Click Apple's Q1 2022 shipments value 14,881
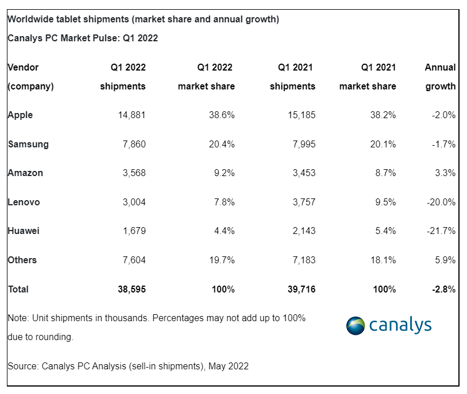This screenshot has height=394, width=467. (x=131, y=115)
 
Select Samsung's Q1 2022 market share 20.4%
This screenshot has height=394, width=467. (x=221, y=144)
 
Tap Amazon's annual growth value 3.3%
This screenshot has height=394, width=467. (x=445, y=173)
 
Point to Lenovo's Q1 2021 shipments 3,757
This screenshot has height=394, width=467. (x=304, y=202)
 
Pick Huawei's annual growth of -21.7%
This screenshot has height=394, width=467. (x=441, y=231)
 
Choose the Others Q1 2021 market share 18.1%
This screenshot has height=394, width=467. (x=383, y=260)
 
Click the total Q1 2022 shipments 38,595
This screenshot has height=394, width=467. (x=131, y=289)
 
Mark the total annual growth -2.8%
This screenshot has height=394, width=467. (x=443, y=289)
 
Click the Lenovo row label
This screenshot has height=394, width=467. (x=24, y=202)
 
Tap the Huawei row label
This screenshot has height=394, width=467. (x=24, y=231)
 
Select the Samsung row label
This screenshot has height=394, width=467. (x=28, y=144)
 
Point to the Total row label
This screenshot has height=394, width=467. (x=18, y=289)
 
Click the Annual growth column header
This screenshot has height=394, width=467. (x=440, y=77)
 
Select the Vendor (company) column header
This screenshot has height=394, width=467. (x=30, y=77)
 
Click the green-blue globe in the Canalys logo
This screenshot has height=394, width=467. (x=355, y=326)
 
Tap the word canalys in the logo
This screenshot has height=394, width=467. (x=400, y=325)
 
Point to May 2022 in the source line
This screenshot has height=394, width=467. (x=228, y=366)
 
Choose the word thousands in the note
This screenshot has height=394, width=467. (x=126, y=318)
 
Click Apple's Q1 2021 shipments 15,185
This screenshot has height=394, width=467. (x=301, y=115)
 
